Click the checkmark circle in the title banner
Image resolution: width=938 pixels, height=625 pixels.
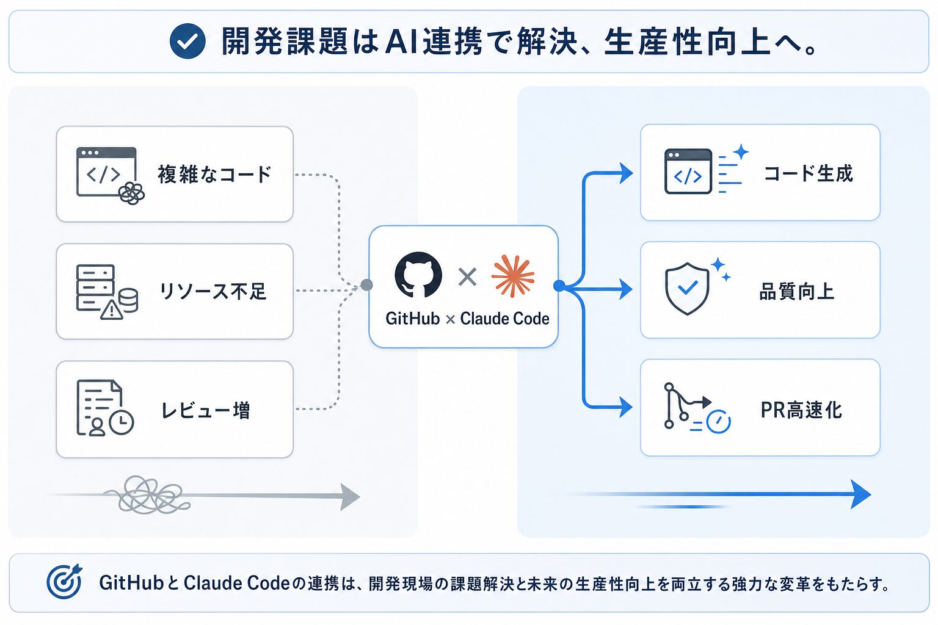point(187,41)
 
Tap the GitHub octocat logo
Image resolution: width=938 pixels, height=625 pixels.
point(418,275)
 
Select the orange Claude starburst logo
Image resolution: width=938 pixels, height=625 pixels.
point(513,276)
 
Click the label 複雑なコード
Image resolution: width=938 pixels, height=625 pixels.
point(215,174)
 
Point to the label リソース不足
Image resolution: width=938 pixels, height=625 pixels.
point(213,291)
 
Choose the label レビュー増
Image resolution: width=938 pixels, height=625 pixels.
point(206,410)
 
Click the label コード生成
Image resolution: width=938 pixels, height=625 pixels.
point(808,173)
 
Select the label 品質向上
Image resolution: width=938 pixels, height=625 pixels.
point(796,291)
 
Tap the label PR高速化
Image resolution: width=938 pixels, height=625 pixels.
point(801,410)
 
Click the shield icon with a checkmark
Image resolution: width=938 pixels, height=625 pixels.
point(687,289)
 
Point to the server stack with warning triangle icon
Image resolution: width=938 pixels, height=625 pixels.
point(107,292)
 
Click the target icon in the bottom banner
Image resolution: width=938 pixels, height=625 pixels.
point(65,581)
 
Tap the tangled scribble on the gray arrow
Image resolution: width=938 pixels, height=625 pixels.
point(147,494)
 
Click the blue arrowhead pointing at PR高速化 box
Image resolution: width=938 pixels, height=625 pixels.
point(625,407)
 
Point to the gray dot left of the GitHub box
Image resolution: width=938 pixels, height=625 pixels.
point(367,285)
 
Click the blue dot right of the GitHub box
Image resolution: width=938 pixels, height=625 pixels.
point(559,286)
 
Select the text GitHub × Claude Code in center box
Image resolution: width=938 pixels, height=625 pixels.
point(467,319)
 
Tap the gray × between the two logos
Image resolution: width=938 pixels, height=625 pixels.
point(467,276)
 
